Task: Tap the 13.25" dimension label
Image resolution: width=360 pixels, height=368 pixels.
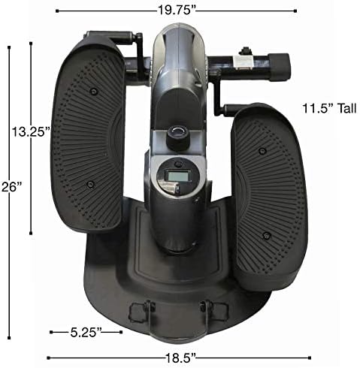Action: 30,131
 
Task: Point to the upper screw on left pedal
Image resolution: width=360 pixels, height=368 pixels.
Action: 92,91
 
